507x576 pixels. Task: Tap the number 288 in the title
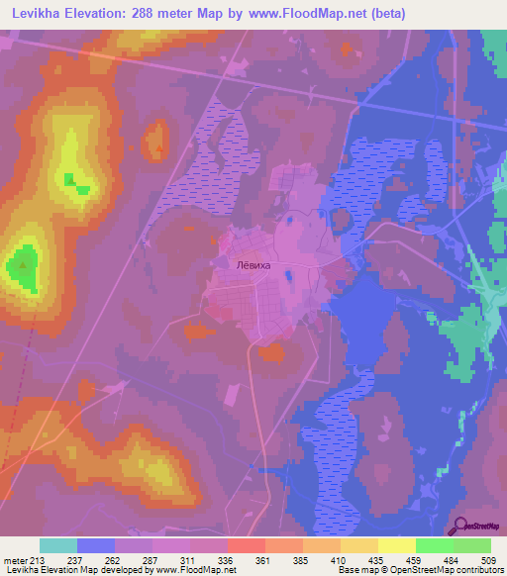click(x=161, y=15)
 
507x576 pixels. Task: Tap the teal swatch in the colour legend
click(x=58, y=545)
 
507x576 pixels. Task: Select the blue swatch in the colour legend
click(x=96, y=545)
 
